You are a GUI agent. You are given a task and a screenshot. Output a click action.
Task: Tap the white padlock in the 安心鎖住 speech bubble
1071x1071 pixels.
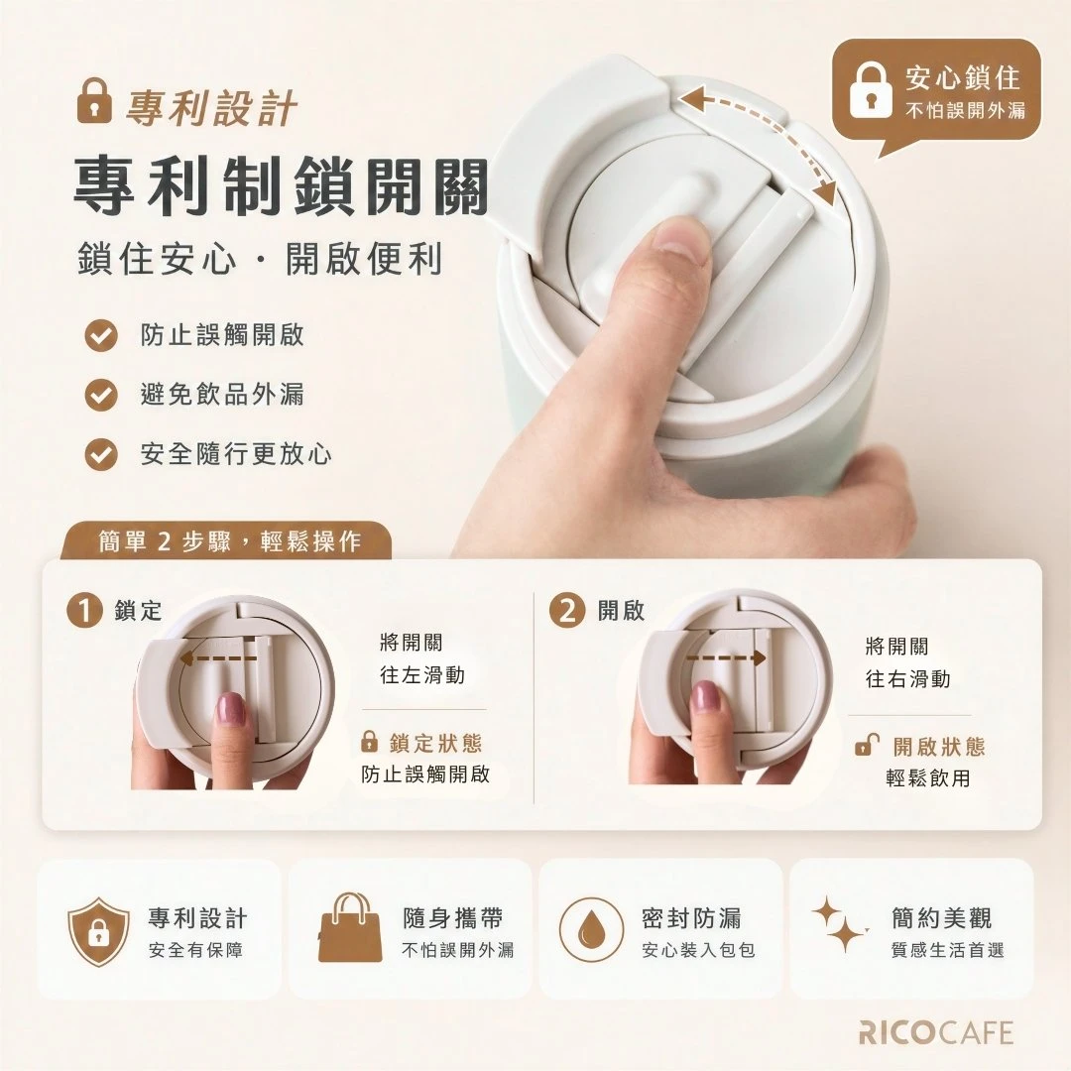click(870, 90)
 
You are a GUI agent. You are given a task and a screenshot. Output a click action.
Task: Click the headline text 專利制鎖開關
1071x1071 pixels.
click(281, 185)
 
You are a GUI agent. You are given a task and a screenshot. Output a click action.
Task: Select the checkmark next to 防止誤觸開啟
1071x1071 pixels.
click(101, 335)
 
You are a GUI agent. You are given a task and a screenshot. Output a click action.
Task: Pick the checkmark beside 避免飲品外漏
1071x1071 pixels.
click(101, 395)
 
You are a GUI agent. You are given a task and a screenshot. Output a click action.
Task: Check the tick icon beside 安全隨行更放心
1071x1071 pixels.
click(101, 454)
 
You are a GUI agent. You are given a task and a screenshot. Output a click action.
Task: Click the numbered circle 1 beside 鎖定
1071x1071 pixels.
click(84, 610)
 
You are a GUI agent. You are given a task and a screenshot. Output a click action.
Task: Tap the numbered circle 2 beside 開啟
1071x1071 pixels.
click(567, 610)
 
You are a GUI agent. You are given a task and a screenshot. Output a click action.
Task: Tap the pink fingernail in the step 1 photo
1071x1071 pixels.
click(230, 710)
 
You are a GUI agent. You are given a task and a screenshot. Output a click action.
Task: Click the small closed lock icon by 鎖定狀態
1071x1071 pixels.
click(369, 741)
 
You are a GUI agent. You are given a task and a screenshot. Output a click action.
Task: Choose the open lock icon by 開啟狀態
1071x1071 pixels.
click(867, 744)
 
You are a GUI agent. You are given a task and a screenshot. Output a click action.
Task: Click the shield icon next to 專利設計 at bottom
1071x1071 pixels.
click(99, 931)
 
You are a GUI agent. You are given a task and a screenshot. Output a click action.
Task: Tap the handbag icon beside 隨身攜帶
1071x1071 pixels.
click(350, 927)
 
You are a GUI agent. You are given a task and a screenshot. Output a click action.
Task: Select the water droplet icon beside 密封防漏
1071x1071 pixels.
click(591, 930)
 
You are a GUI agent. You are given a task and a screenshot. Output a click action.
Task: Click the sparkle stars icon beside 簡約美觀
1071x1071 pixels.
click(840, 923)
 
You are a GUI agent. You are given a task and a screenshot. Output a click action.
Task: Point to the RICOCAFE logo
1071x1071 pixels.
click(936, 1032)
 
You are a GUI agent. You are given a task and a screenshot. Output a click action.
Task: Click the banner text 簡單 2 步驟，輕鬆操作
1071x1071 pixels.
click(229, 541)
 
